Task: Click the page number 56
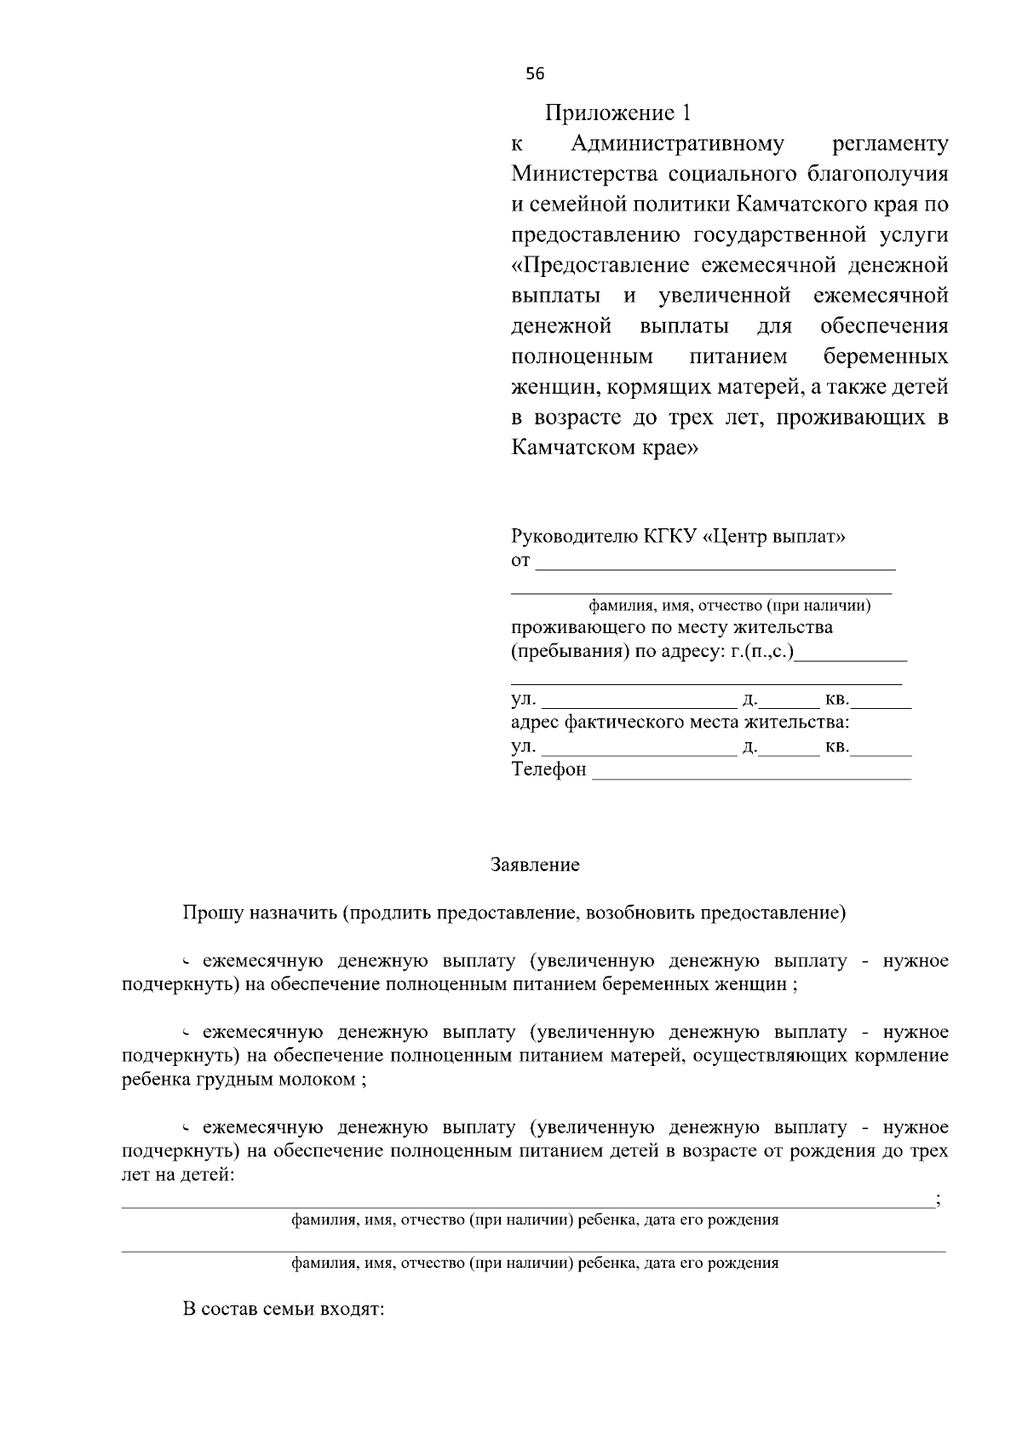pyautogui.click(x=535, y=74)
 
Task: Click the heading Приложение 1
pyautogui.click(x=619, y=113)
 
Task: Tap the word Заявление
pyautogui.click(x=535, y=865)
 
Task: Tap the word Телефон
pyautogui.click(x=548, y=769)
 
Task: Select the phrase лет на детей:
pyautogui.click(x=178, y=1176)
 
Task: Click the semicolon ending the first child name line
pyautogui.click(x=938, y=1201)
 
